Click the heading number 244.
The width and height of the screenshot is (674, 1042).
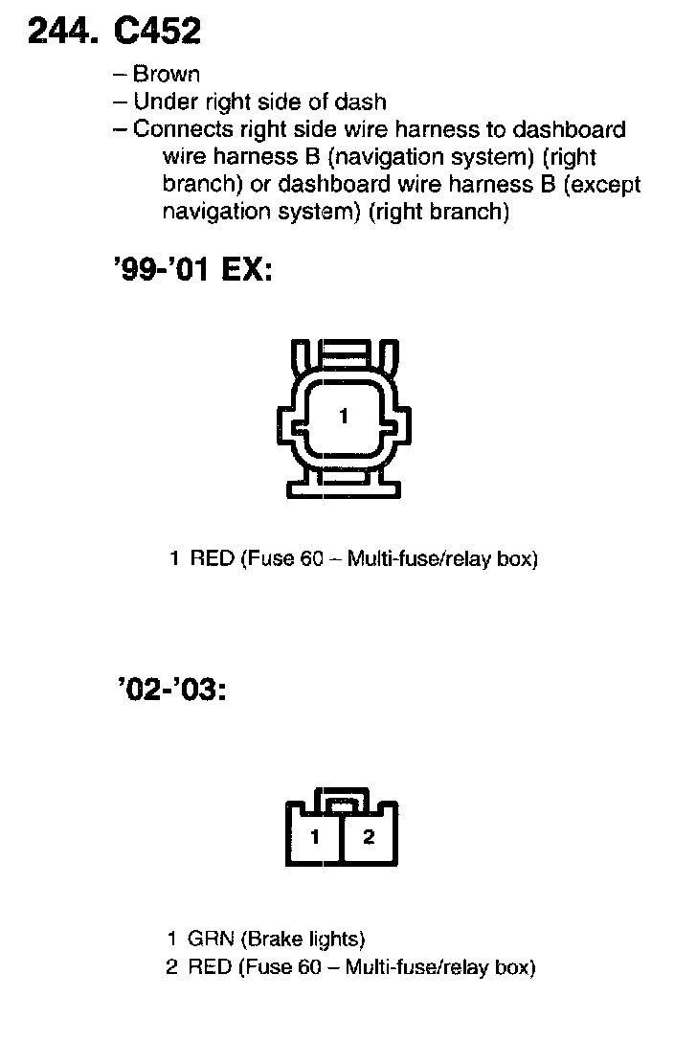pos(62,33)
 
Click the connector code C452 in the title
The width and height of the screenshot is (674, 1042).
pos(157,33)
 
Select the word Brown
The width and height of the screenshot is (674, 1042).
pos(167,74)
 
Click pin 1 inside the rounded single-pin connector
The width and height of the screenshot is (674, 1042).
pos(344,416)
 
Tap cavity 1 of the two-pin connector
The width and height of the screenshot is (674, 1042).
pos(315,837)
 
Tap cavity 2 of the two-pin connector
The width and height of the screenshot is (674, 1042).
pos(369,837)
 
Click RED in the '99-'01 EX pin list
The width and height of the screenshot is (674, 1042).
pos(212,558)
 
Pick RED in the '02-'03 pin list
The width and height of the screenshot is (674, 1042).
pos(212,967)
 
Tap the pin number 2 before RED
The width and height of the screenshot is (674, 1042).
pos(172,967)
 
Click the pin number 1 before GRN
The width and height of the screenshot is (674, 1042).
pos(172,940)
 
